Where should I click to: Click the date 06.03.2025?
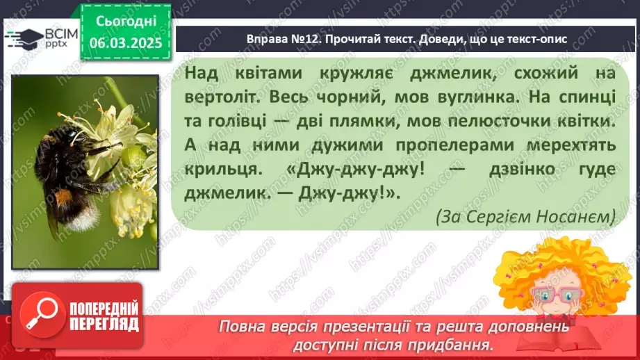(x=125, y=42)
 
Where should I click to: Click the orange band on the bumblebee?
(x=65, y=198)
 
